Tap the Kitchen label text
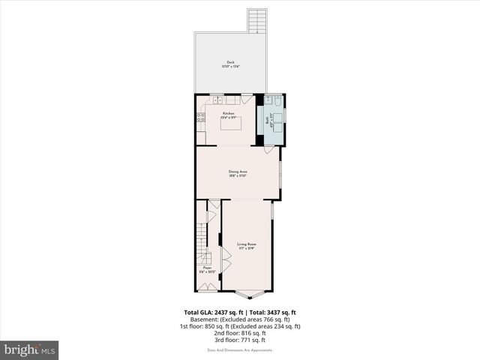click(228, 115)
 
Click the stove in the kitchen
click(199, 118)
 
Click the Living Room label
click(247, 246)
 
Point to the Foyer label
click(207, 268)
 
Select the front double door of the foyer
click(207, 286)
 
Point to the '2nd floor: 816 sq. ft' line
click(240, 333)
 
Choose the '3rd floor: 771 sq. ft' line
click(240, 340)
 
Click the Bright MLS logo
click(30, 349)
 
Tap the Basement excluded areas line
click(240, 319)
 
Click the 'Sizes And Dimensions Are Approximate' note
click(240, 349)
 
